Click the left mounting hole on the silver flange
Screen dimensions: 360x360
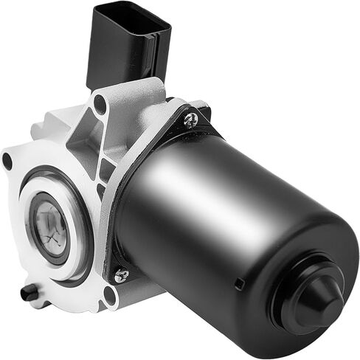tap(8, 161)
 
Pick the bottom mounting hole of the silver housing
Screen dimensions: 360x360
tap(110, 297)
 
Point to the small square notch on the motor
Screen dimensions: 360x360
tap(238, 284)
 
